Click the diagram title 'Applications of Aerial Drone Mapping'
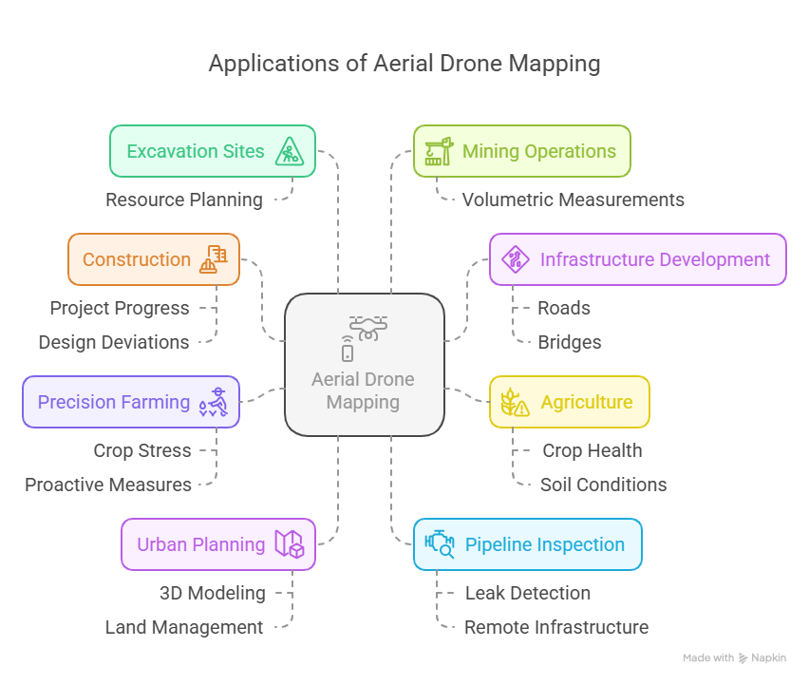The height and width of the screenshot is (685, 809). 404,64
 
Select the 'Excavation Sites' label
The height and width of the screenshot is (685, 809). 196,151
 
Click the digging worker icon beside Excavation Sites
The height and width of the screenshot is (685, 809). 288,151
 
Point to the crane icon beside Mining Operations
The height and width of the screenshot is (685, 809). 437,151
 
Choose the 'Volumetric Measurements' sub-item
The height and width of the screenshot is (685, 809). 573,200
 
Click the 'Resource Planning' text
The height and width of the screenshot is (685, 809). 184,200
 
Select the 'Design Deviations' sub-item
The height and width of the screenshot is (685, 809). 114,342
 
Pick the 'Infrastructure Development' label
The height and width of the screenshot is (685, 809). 654,259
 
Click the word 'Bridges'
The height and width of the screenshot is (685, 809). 569,342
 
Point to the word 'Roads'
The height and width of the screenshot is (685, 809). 564,308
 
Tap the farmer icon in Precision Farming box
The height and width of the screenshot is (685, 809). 213,403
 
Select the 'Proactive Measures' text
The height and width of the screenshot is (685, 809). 108,485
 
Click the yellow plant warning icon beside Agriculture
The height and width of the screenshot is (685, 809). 515,403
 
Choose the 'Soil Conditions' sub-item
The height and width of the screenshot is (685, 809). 603,485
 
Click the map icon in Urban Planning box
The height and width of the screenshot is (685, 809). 289,544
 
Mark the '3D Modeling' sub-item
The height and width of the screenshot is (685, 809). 213,593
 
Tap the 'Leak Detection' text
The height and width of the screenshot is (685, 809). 527,593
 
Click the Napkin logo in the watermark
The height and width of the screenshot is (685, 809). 744,657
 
